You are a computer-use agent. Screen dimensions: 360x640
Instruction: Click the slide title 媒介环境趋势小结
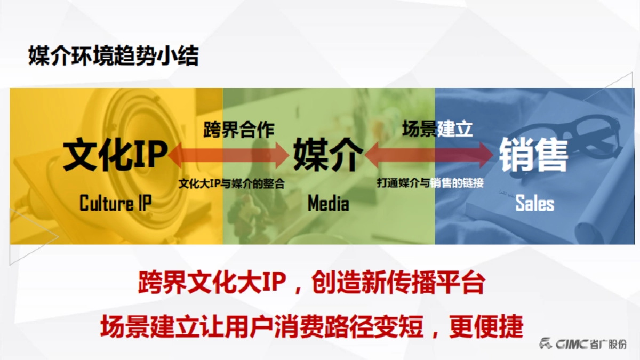[113, 56]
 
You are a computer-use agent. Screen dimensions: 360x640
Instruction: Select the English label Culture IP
[115, 203]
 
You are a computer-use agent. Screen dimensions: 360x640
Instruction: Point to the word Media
[328, 203]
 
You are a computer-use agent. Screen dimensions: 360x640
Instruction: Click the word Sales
[534, 203]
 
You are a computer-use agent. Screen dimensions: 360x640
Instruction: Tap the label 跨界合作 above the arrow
[238, 130]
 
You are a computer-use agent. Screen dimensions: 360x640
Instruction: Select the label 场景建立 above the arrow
[437, 129]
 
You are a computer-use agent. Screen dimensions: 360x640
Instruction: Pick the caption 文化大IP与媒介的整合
[231, 183]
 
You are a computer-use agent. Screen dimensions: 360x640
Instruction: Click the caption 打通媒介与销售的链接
[430, 183]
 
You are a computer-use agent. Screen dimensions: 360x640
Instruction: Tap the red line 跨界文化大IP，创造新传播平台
[311, 283]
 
